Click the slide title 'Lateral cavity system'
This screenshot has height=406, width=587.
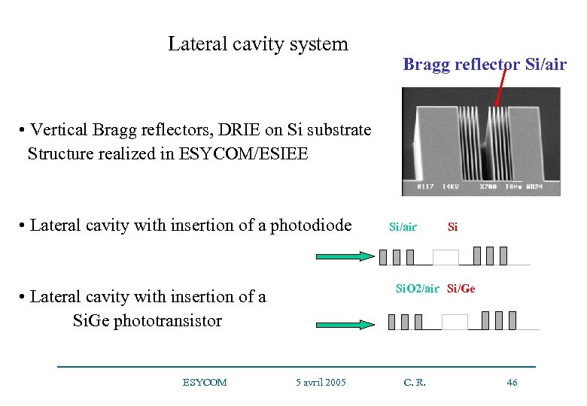point(257,44)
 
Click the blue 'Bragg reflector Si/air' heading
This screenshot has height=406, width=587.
point(485,65)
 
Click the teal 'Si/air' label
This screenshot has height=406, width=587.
point(402,226)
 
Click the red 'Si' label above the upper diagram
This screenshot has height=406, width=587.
point(452,226)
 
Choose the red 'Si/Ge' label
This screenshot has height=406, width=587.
point(461,289)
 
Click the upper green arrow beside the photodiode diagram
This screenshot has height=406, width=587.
point(342,256)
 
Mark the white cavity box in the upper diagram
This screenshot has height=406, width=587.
point(446,258)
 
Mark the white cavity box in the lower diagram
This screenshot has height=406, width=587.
point(455,323)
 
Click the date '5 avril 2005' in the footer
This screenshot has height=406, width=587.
point(321,383)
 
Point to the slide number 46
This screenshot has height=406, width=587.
point(512,383)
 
